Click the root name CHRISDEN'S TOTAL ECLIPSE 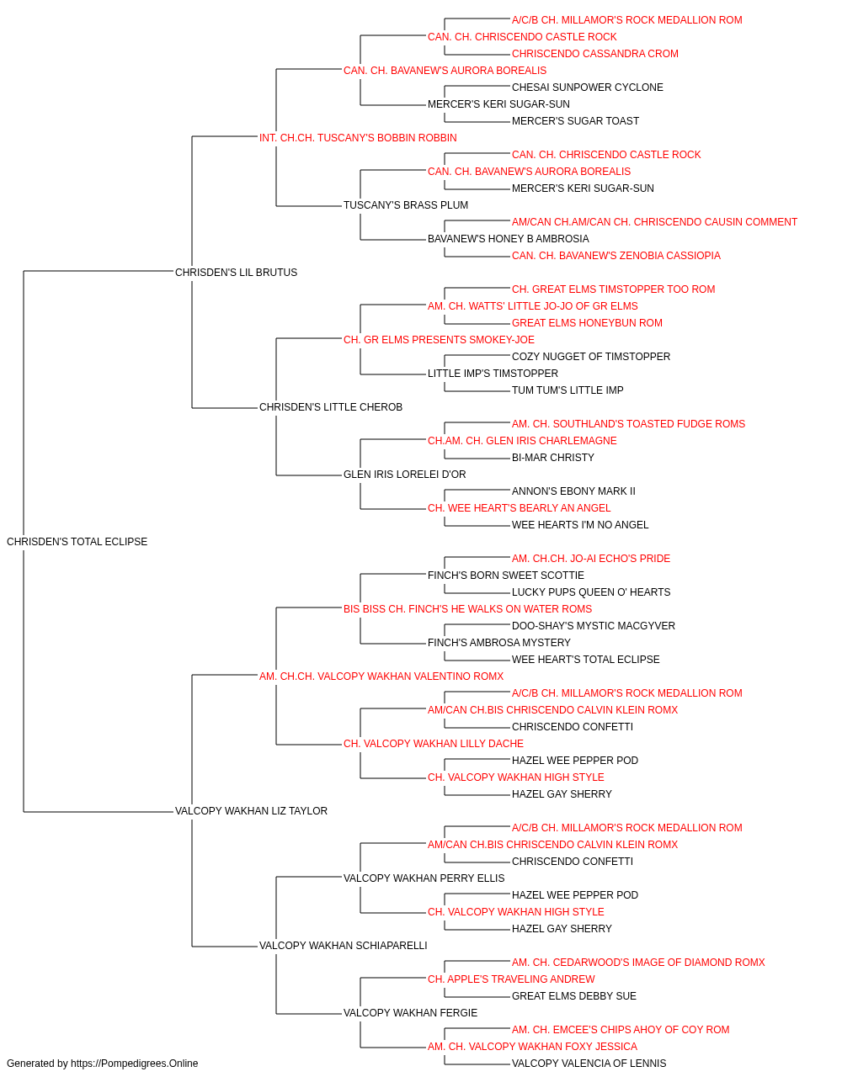click(x=77, y=542)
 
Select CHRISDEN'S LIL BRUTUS click(x=236, y=273)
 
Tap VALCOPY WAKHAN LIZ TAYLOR click(x=251, y=811)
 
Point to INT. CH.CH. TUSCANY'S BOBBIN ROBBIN click(x=358, y=138)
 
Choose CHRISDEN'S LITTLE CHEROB click(x=331, y=407)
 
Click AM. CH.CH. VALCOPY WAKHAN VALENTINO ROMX click(x=381, y=676)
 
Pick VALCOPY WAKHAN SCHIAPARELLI click(x=344, y=946)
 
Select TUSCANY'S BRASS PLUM click(x=406, y=205)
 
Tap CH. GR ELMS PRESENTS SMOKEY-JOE click(x=439, y=340)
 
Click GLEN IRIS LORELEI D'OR click(x=405, y=475)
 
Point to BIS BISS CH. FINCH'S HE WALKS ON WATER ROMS click(x=467, y=609)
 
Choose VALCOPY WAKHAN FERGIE click(x=411, y=1013)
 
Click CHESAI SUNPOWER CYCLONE click(x=587, y=88)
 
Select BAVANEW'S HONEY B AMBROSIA click(x=509, y=239)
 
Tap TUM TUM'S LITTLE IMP click(x=568, y=390)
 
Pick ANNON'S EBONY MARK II click(x=573, y=491)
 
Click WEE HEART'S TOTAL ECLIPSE click(x=586, y=660)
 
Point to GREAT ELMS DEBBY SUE click(x=573, y=996)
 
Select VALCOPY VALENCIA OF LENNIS click(x=589, y=1064)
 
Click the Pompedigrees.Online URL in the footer click(x=134, y=1064)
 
